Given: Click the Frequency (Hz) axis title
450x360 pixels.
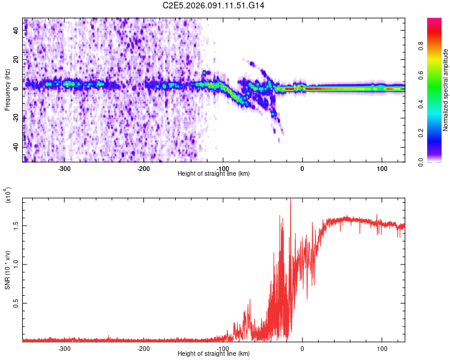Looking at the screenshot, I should [7, 90].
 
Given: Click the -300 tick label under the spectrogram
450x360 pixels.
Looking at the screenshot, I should [64, 169].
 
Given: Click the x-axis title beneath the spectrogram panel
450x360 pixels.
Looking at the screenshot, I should [214, 174].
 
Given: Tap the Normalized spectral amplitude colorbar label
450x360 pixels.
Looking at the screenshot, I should [446, 90].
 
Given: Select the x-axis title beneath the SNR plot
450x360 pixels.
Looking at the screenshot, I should [214, 354].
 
